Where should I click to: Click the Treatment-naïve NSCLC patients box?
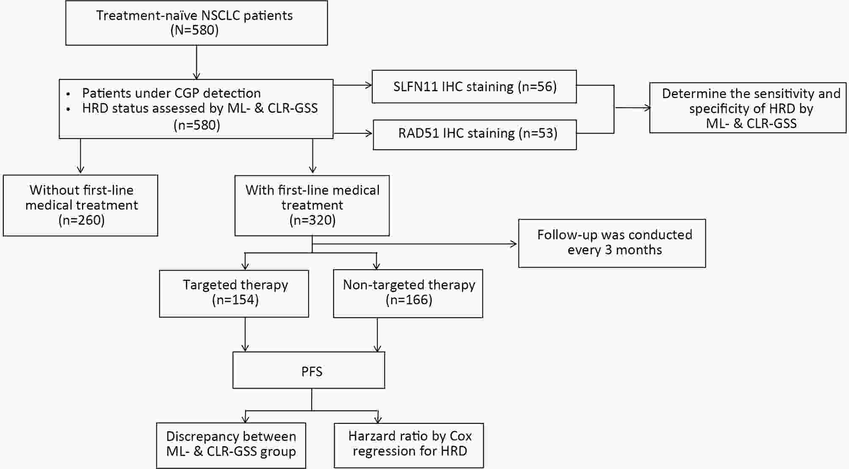point(197,23)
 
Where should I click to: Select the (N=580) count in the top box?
point(194,30)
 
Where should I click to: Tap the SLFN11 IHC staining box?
point(474,87)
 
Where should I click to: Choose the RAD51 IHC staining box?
point(475,135)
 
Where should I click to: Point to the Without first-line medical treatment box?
point(80,205)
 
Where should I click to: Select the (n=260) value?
point(82,220)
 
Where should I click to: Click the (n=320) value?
point(312,220)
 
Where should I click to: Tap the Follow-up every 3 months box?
point(612,243)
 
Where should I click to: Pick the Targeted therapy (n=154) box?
point(234,294)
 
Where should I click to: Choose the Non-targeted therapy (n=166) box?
point(408,294)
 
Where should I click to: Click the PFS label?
point(312,372)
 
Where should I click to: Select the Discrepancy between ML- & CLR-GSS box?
point(231,445)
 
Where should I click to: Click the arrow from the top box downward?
point(197,62)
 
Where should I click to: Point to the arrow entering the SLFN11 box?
point(353,85)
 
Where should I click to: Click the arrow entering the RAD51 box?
point(353,134)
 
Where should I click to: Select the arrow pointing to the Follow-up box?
point(414,244)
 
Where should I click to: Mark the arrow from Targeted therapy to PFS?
point(245,334)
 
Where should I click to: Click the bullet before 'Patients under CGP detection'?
point(68,93)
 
